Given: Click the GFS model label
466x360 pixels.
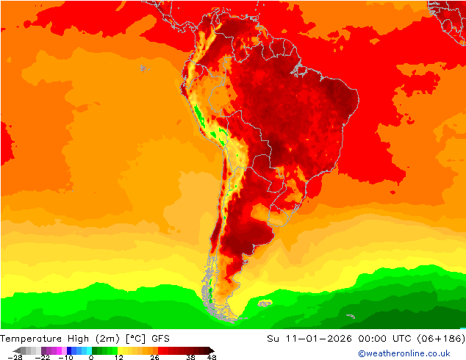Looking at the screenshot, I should click(162, 339).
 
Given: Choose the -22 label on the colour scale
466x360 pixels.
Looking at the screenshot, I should click(42, 357).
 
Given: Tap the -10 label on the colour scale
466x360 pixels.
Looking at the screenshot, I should click(65, 357).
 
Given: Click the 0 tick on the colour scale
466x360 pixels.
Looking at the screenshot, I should click(90, 357).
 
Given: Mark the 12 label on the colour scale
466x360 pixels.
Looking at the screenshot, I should click(118, 357).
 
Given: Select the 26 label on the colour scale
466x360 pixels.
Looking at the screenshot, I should click(154, 357).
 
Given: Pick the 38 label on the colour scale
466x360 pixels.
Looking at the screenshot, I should click(190, 357).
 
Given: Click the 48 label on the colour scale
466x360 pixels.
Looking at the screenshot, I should click(212, 357).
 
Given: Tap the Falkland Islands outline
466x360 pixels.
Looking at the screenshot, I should click(265, 302).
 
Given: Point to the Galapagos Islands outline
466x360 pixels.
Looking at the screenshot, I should click(143, 68).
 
